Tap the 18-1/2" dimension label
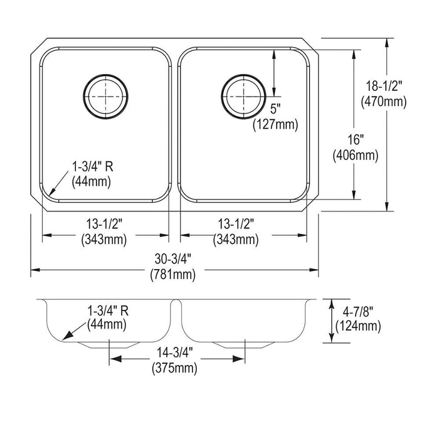point(384,87)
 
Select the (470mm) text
point(384,102)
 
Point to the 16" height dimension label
point(356,139)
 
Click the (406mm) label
point(356,155)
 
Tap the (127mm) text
point(275,124)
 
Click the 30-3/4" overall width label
point(173,259)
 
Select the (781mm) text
point(173,275)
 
